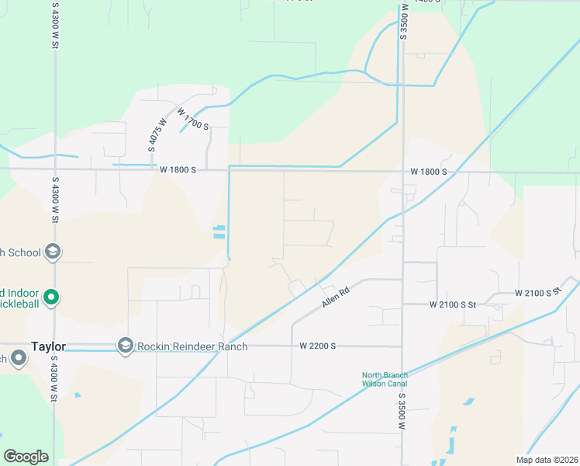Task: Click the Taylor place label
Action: [48, 346]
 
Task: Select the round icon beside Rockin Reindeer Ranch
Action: [126, 344]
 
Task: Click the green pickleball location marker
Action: [51, 296]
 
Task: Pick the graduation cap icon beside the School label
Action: [53, 251]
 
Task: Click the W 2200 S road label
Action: [317, 346]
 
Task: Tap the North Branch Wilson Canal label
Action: [384, 379]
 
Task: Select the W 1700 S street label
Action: [192, 119]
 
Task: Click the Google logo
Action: [26, 456]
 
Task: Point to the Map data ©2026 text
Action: [547, 459]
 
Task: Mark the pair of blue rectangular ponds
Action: [219, 231]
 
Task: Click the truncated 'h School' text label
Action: [21, 252]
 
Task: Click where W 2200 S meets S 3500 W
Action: [402, 346]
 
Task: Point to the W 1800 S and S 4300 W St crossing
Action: [54, 168]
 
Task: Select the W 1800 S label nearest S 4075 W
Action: [178, 169]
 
